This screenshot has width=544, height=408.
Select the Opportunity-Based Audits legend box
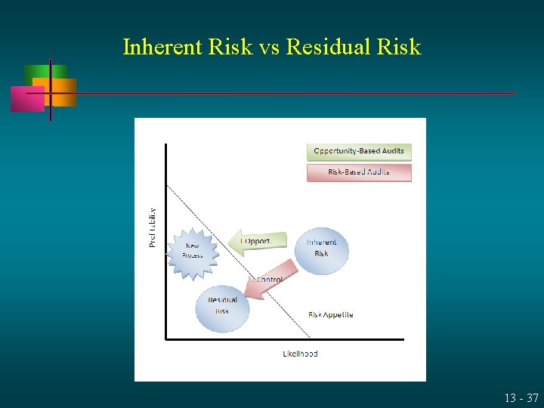[x=359, y=151]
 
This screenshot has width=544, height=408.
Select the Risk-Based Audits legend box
[x=359, y=172]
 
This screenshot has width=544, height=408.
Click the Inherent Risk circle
[x=321, y=249]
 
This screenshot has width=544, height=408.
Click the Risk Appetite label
[x=330, y=314]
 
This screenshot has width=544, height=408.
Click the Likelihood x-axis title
[x=300, y=353]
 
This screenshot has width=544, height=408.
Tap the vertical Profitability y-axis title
[x=153, y=227]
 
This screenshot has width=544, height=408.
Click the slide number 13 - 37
[x=522, y=397]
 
